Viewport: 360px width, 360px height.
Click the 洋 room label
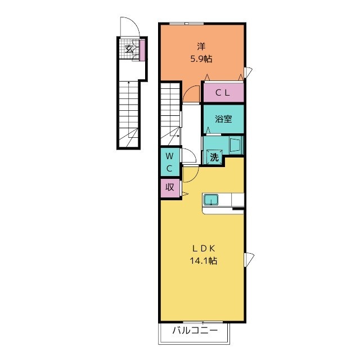(x=201, y=47)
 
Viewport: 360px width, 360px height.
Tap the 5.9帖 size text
(x=201, y=59)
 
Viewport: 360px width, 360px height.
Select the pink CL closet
(x=223, y=92)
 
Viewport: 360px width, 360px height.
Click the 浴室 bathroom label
(x=223, y=119)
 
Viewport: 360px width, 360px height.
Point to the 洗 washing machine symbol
(x=214, y=157)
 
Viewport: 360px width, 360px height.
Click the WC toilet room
(x=170, y=163)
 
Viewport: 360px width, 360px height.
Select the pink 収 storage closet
(x=170, y=187)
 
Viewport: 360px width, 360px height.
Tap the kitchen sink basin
(x=211, y=200)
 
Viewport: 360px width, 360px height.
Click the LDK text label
(x=204, y=248)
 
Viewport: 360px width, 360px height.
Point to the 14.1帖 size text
(x=204, y=260)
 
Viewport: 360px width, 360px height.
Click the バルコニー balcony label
(x=195, y=331)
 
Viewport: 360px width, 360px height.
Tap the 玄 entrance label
(x=129, y=49)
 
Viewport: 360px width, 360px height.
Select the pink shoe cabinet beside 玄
(x=142, y=50)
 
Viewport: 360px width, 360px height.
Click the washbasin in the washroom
(x=236, y=145)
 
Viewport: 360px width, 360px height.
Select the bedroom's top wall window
(x=186, y=23)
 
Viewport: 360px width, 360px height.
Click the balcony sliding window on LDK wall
(x=202, y=322)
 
